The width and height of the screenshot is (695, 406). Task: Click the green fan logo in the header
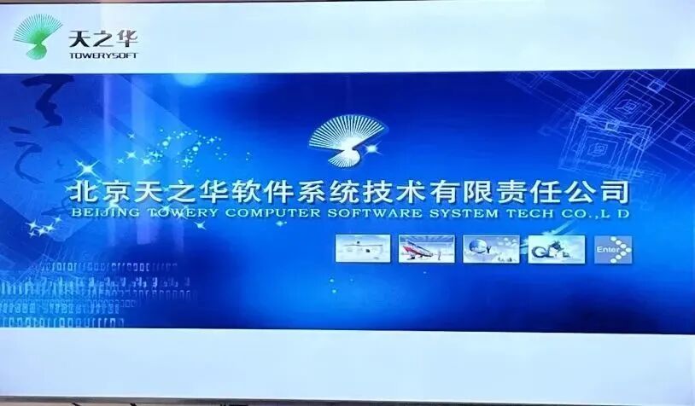coord(38,35)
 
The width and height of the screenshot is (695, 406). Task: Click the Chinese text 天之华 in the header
coord(102,38)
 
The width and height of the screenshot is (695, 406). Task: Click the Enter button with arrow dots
coord(614,249)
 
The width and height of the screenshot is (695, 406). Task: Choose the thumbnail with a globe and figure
coord(490,249)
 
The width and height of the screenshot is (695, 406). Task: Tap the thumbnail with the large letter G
coord(556,249)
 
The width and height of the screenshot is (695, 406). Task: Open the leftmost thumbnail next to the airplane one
coord(363,249)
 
